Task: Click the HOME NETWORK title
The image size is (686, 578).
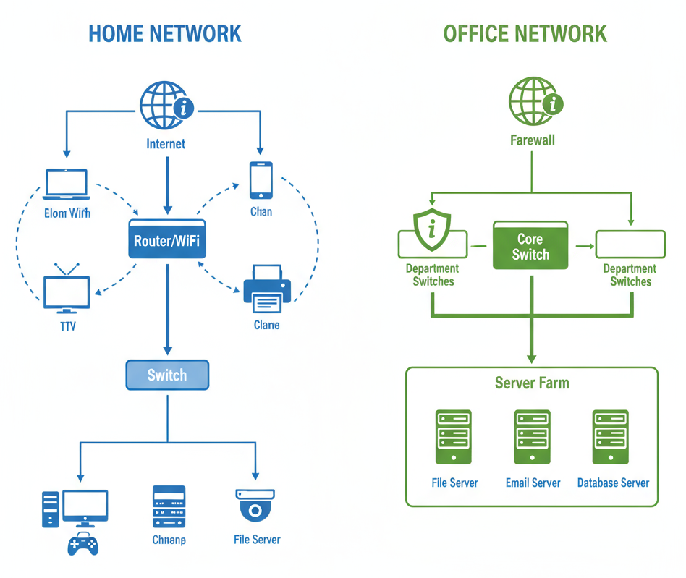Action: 164,33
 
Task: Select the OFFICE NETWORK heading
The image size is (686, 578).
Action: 525,33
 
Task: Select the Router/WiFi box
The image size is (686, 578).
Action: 167,239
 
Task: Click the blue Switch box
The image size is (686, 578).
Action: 167,375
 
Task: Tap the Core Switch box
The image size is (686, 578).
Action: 530,246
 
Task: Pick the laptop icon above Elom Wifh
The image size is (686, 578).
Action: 67,184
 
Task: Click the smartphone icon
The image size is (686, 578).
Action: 261,179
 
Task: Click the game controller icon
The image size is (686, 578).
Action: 82,543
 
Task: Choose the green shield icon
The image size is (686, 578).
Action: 431,230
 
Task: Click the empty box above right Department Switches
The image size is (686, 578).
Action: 630,245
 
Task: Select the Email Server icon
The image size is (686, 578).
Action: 532,437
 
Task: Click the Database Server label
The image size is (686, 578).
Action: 612,483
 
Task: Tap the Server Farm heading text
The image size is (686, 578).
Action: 531,383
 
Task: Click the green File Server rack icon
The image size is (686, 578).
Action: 453,437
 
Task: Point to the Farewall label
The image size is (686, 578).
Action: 532,140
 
